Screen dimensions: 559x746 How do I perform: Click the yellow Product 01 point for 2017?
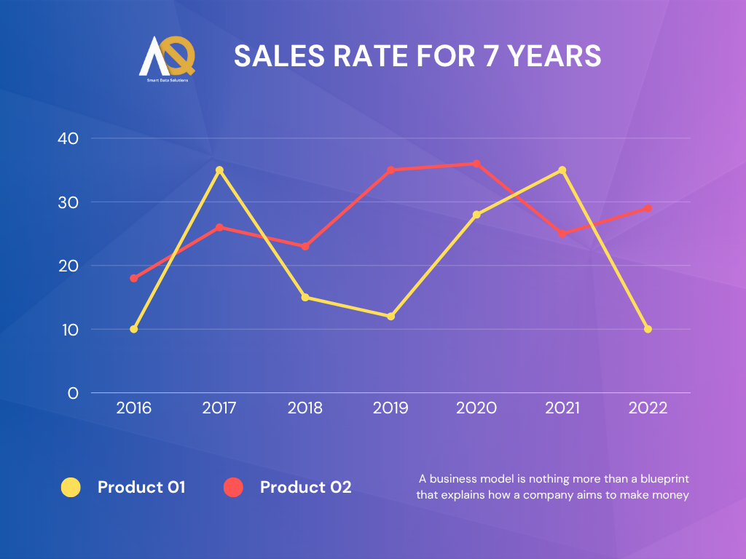coord(219,170)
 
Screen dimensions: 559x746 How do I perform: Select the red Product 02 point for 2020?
coord(476,164)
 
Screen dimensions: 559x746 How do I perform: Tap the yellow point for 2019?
coord(390,317)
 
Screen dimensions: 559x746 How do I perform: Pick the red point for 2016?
coord(134,278)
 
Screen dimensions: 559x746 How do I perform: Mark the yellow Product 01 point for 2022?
coord(648,329)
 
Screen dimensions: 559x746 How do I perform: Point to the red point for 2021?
coord(562,234)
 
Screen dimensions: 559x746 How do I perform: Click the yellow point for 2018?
coord(305,297)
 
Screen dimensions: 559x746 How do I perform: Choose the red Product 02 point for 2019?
coord(390,170)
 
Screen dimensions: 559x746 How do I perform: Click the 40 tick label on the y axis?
coord(68,138)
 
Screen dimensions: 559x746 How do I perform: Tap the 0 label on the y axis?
coord(73,393)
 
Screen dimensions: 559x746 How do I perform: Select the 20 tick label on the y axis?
coord(68,266)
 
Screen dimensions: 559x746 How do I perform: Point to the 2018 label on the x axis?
coord(305,408)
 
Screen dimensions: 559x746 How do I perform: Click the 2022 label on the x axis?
coord(648,408)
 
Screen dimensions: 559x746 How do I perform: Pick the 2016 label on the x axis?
coord(134,408)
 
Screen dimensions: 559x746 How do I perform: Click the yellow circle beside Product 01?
coord(71,487)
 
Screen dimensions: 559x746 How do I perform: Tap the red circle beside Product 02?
coord(233,487)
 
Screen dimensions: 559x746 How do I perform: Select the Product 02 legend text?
coord(306,487)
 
